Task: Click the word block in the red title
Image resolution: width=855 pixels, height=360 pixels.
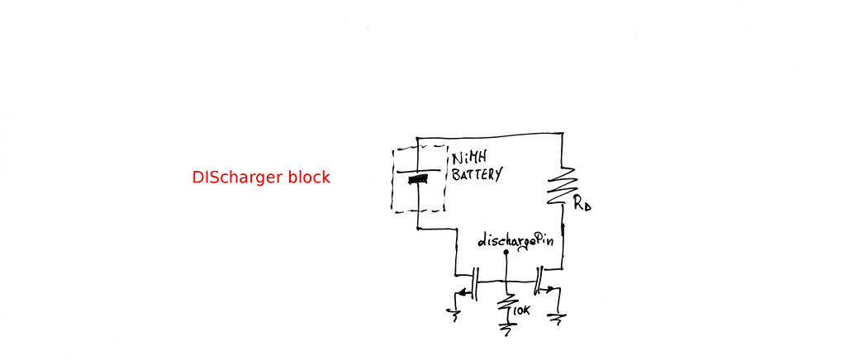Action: (x=308, y=178)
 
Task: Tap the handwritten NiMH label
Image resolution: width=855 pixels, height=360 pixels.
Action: (x=468, y=159)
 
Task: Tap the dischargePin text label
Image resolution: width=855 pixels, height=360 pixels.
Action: (x=515, y=243)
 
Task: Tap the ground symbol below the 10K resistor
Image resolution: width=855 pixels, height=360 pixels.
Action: (x=506, y=326)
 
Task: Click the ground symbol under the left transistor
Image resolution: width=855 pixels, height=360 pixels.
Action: (x=452, y=312)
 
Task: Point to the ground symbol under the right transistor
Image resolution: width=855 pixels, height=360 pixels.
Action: (x=559, y=317)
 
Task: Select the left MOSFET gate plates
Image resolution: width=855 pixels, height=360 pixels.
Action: (x=475, y=282)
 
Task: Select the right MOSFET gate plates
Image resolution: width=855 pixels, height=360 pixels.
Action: (x=537, y=282)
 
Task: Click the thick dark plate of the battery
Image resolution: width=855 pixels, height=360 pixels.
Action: (x=419, y=178)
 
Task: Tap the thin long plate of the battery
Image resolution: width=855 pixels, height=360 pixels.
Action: (x=417, y=171)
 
